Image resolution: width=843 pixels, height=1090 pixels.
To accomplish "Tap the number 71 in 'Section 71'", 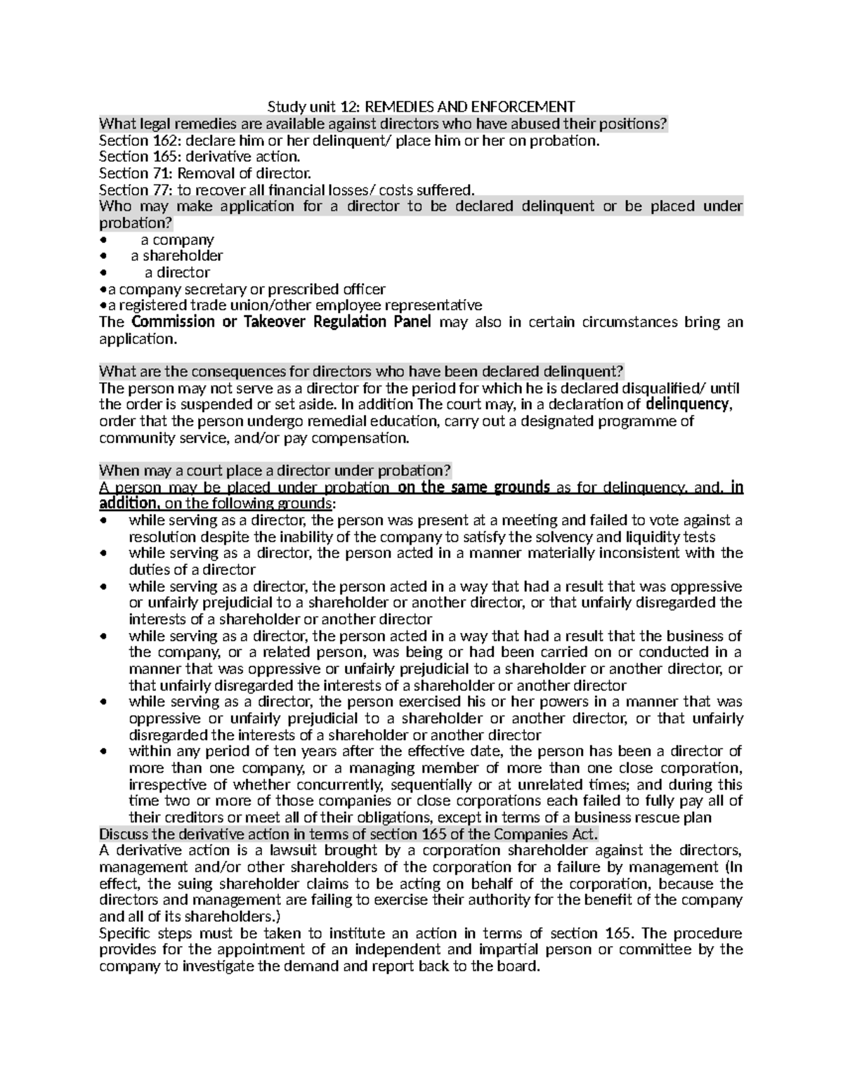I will pyautogui.click(x=158, y=173).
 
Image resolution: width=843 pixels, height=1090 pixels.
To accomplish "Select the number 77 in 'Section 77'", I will pyautogui.click(x=158, y=190).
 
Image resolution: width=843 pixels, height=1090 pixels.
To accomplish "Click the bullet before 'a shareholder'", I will pyautogui.click(x=104, y=256).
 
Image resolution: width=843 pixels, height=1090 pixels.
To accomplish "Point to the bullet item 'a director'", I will pyautogui.click(x=177, y=272).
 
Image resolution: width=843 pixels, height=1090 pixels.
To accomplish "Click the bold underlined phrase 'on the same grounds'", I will pyautogui.click(x=473, y=488).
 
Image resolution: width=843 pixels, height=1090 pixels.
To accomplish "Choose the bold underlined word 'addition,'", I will pyautogui.click(x=130, y=504).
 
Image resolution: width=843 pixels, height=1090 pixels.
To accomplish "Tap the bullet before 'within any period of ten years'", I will pyautogui.click(x=104, y=752).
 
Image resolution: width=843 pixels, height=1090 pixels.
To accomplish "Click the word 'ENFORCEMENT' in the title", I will pyautogui.click(x=522, y=107).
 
